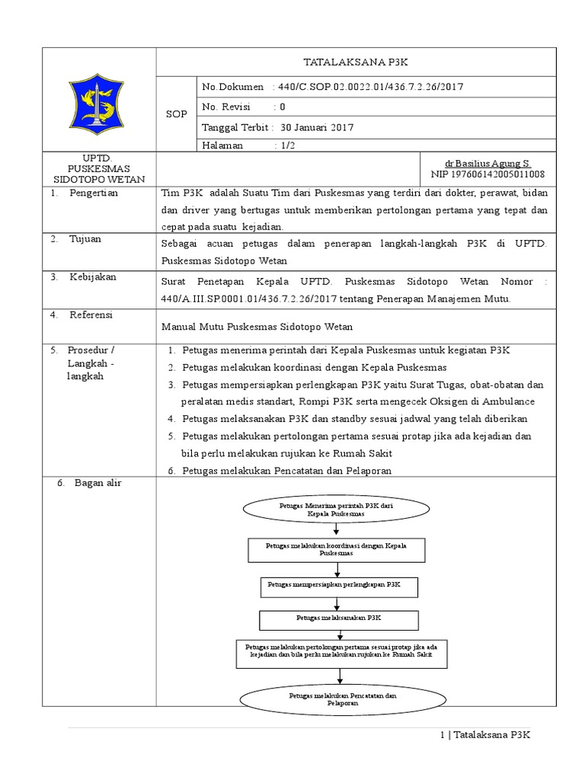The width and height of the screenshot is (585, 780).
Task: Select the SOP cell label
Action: point(176,113)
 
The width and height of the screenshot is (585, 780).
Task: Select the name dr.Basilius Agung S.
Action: point(487,164)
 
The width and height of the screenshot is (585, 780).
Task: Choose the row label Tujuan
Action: point(85,239)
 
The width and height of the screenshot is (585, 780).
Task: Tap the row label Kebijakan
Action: point(93,277)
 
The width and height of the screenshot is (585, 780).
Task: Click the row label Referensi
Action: point(91,314)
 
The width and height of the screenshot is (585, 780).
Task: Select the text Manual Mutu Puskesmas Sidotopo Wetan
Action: point(256,326)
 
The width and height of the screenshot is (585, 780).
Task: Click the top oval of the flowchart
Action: point(336,510)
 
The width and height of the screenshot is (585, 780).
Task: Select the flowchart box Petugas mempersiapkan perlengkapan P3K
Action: point(336,585)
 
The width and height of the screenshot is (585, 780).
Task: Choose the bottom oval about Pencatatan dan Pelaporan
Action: point(336,698)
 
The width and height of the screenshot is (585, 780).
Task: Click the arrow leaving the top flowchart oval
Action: point(336,531)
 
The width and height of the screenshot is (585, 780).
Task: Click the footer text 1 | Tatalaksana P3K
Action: point(485,735)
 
